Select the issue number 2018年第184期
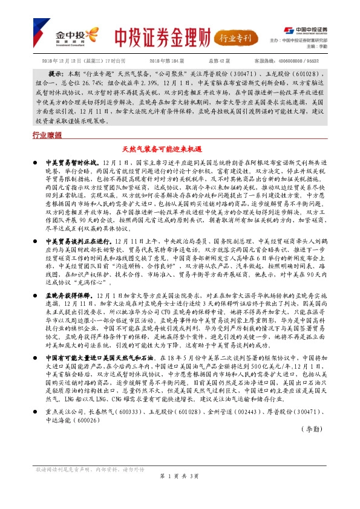(166, 61)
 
